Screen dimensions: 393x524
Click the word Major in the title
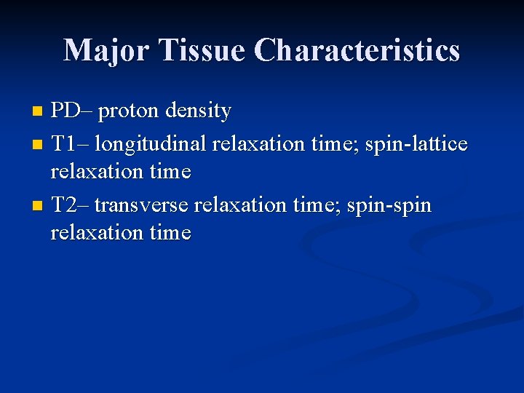(x=107, y=50)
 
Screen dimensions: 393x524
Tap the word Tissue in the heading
(x=202, y=50)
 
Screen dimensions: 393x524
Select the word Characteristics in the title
(x=357, y=50)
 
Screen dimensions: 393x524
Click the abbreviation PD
(x=65, y=111)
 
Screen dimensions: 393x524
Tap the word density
(x=198, y=111)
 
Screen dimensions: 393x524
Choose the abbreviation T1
(x=65, y=144)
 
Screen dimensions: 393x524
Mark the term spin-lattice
(x=417, y=144)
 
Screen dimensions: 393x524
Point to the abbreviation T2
(x=65, y=205)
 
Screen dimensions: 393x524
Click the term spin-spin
(x=389, y=206)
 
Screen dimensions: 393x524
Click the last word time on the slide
(x=169, y=233)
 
